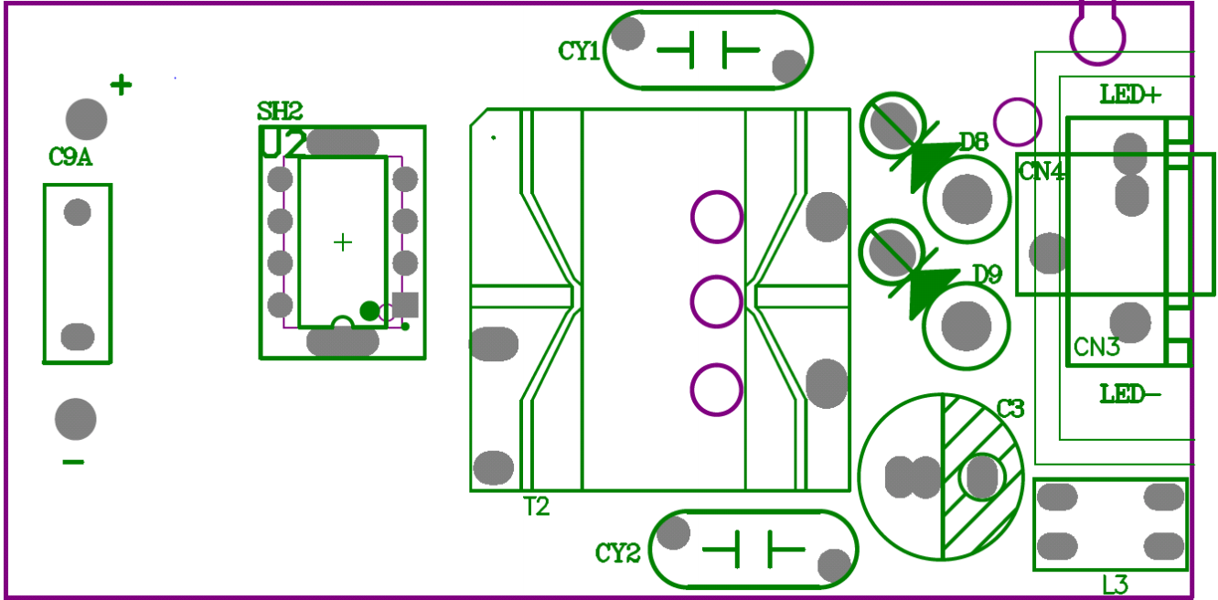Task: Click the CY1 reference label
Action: (x=579, y=51)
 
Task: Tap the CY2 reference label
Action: (x=617, y=553)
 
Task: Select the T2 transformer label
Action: (x=536, y=506)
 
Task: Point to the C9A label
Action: (x=70, y=157)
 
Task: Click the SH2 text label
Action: (x=279, y=112)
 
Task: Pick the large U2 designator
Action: (x=283, y=145)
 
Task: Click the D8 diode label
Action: (x=974, y=142)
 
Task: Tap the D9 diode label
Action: (x=988, y=274)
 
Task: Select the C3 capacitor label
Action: (x=1010, y=409)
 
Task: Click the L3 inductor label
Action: (x=1115, y=585)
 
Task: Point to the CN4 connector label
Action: (x=1042, y=171)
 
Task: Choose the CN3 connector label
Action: (x=1096, y=348)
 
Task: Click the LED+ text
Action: (x=1130, y=94)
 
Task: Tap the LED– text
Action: (x=1130, y=394)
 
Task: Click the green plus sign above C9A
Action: (x=121, y=85)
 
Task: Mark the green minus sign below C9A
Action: (x=73, y=462)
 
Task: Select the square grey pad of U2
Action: (x=405, y=305)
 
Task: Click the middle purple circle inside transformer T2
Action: (x=716, y=302)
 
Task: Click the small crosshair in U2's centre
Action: (x=342, y=242)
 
